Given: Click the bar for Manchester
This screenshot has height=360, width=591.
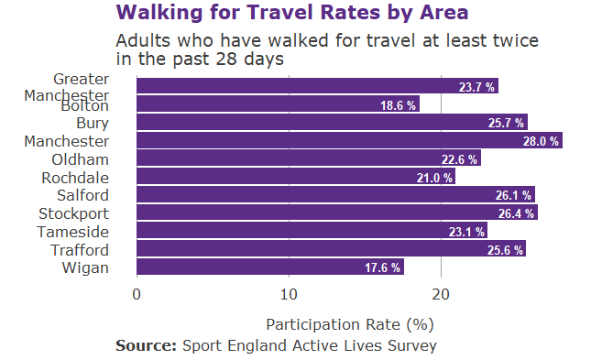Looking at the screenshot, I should tap(348, 141).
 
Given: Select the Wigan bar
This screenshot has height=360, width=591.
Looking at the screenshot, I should tap(269, 267).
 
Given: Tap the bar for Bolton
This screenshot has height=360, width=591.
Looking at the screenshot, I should tap(277, 105).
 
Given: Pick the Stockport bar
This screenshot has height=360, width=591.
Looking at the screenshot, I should tap(336, 213).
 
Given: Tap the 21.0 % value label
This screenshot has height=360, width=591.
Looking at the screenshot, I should tap(434, 178).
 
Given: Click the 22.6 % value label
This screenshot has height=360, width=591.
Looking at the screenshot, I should tap(459, 159).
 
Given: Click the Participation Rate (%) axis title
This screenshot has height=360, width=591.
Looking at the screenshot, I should tap(349, 324).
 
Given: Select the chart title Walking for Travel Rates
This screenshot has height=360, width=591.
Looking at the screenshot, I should tap(292, 13).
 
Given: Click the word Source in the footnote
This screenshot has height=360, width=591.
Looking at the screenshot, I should tap(146, 345).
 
